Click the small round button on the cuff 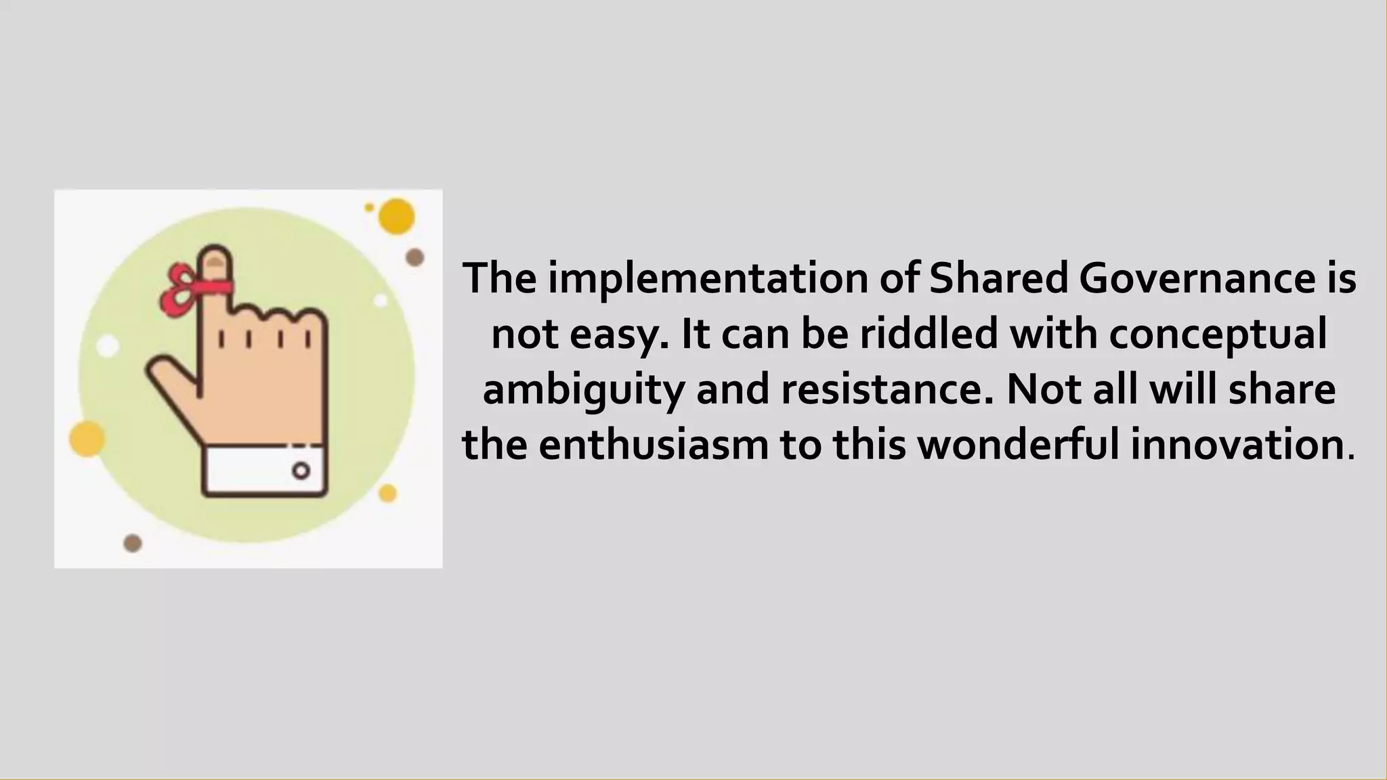click(x=301, y=471)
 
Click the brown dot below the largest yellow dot click(x=414, y=257)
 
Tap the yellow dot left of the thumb click(x=87, y=438)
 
